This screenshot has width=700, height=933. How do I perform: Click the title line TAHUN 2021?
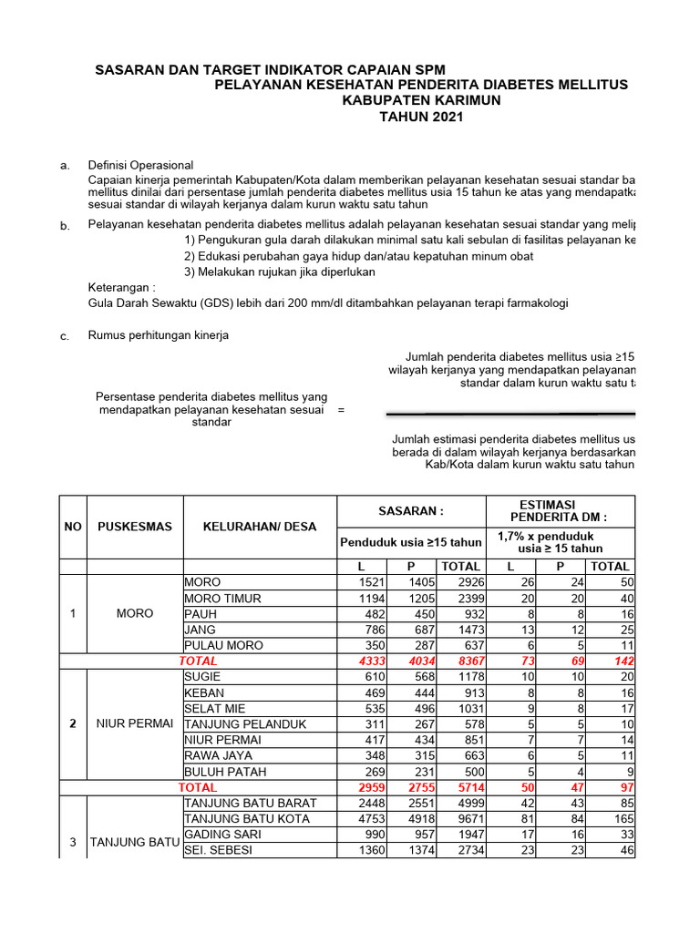point(421,117)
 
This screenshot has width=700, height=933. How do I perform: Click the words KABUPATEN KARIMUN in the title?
point(421,100)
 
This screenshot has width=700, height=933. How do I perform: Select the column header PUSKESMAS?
point(135,527)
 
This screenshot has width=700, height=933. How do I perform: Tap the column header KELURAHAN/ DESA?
point(260,527)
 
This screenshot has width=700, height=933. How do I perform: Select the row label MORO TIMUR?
point(222,598)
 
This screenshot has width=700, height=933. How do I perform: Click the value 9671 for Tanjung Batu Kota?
point(464,818)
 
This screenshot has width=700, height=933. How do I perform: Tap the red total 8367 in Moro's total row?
point(464,661)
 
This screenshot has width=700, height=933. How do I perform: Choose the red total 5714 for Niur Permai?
point(464,786)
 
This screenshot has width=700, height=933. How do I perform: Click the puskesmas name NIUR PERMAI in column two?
point(135,723)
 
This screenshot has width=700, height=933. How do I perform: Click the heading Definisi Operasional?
point(140,165)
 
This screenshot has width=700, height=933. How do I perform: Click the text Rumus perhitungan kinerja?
point(158,335)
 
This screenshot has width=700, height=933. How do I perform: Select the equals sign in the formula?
point(341,410)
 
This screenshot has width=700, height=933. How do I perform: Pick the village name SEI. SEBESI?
point(219,850)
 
